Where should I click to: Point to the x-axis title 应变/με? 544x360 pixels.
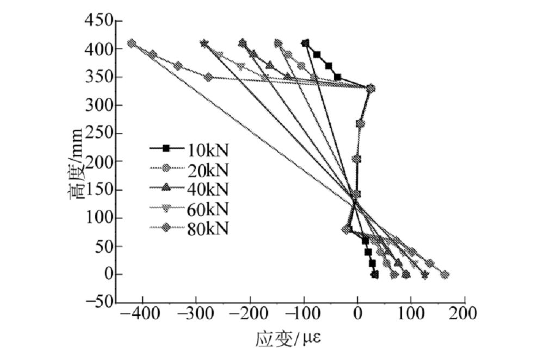tap(289, 340)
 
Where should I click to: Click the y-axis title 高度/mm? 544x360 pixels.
tap(76, 163)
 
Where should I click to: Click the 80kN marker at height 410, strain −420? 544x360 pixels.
tap(132, 44)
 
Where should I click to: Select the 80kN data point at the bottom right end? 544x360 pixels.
tap(445, 275)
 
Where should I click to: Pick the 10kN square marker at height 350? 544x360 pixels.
tap(337, 77)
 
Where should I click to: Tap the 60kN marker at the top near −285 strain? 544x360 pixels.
tap(204, 44)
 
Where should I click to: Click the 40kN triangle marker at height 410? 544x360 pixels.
tap(242, 43)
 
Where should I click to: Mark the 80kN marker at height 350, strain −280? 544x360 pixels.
tap(208, 77)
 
